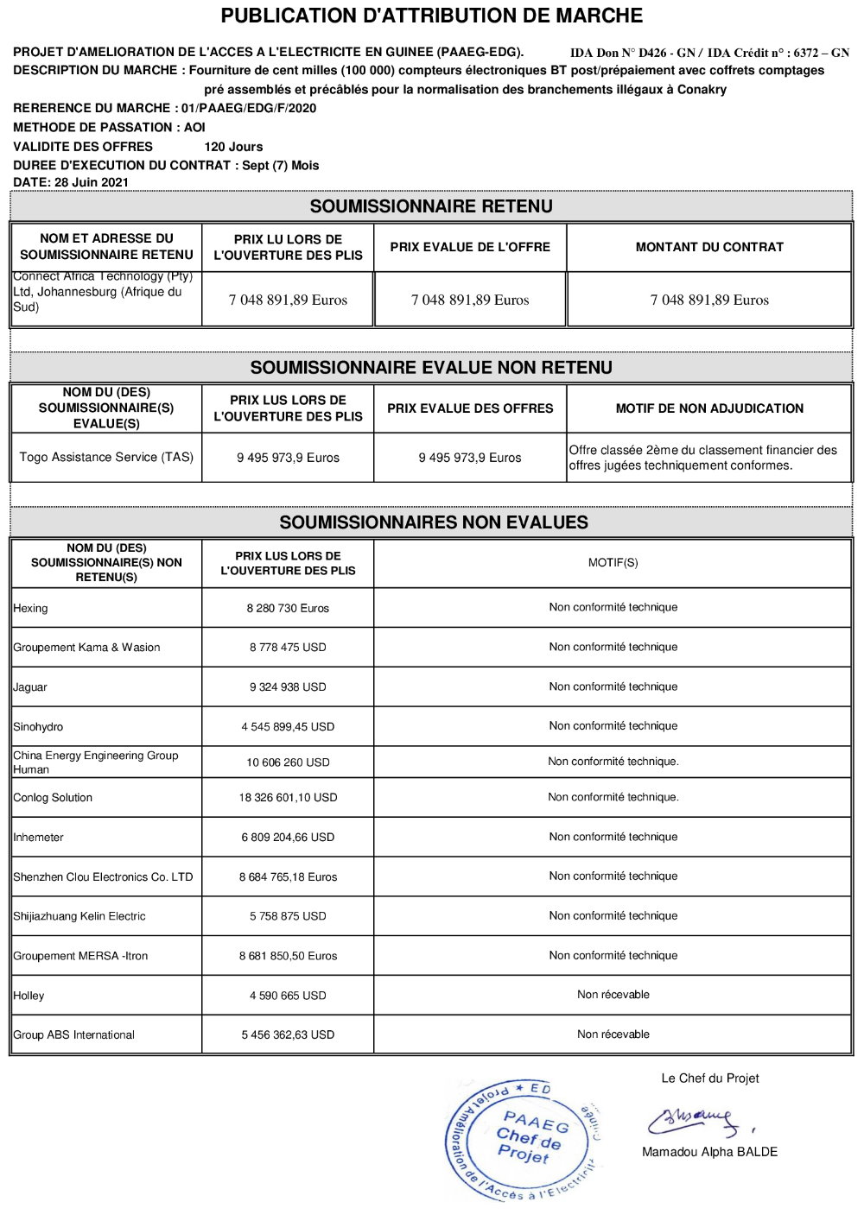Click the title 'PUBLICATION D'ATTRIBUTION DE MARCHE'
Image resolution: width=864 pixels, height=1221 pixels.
coord(431,16)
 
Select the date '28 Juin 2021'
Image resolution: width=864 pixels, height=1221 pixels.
coord(92,182)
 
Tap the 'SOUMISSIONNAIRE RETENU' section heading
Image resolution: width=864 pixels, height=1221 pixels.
coord(431,206)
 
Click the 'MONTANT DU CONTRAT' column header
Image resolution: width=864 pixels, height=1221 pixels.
coord(709,247)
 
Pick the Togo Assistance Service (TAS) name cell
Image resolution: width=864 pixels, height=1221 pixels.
coord(106,457)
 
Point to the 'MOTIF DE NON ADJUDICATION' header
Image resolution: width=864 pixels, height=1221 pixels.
coord(709,408)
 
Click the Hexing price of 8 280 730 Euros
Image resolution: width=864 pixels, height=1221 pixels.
coord(288,608)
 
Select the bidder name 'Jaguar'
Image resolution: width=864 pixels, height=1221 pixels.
coord(30,687)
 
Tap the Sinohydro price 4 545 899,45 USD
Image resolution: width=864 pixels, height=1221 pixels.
coord(288,727)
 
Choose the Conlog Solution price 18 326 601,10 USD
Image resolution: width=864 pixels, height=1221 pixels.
coord(288,797)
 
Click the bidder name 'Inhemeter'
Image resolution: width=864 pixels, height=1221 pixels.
coord(39,837)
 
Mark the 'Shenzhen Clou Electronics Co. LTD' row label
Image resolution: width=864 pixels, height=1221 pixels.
coord(103,876)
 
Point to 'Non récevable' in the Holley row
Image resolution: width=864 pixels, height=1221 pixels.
coord(613,995)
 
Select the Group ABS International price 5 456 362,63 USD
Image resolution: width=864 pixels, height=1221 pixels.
coord(288,1034)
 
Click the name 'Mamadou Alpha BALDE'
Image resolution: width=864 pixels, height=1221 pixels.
coord(709,1152)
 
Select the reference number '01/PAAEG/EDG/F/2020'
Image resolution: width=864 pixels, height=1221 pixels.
coord(249,108)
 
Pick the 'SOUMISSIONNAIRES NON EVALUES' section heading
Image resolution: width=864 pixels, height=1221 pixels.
coord(434,522)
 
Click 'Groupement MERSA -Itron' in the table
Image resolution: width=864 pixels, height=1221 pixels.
coord(80,956)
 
